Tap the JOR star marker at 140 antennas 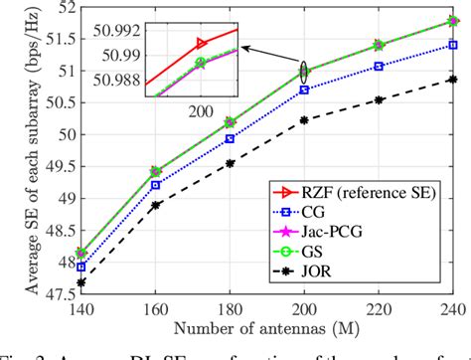(80, 282)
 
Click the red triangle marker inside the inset (202, 43)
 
